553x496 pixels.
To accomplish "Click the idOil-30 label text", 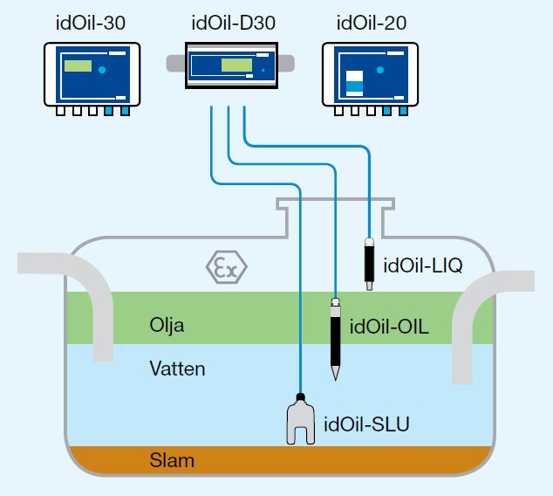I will coord(90,23).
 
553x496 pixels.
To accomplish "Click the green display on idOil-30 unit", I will coord(78,66).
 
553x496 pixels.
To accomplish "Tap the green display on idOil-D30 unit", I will coord(236,65).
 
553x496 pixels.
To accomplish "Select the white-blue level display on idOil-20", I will coord(354,82).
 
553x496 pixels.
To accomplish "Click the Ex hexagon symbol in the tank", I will coord(226,267).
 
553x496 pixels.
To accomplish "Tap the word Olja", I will coord(167,326).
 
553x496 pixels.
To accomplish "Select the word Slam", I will coord(172,460).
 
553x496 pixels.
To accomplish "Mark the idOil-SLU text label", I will coord(366,425).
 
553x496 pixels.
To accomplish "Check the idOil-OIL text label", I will coord(390,327).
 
